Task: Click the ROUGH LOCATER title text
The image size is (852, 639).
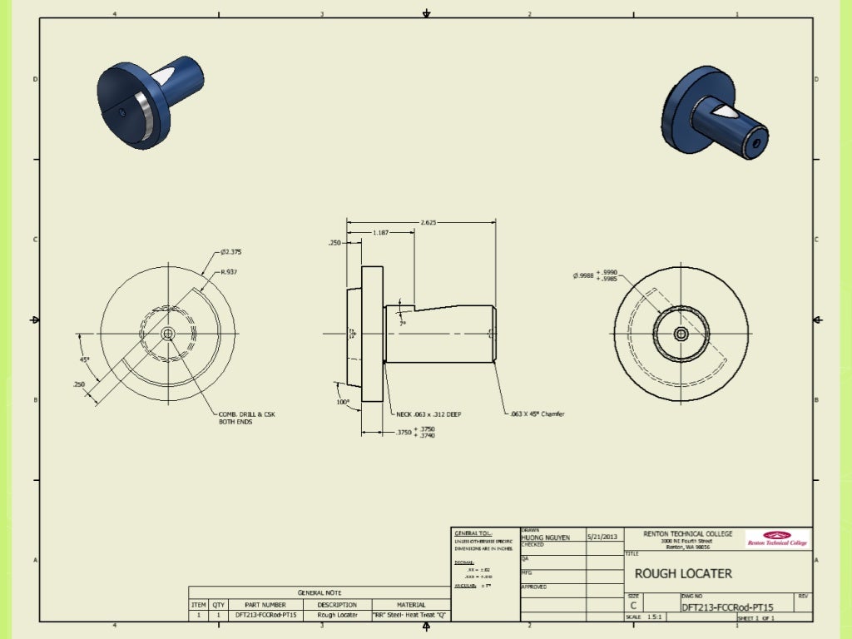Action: pos(683,573)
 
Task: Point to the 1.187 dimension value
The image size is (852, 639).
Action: pos(380,233)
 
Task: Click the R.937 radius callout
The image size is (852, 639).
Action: pos(229,272)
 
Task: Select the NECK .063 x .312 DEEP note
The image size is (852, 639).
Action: pos(429,414)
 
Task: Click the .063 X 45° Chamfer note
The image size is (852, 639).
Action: pos(537,414)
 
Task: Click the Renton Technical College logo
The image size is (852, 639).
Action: pos(776,538)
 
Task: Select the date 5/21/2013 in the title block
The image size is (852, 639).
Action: pos(604,537)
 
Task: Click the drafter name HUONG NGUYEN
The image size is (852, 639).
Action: pos(545,537)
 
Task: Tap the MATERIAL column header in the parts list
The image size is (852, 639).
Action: pos(411,605)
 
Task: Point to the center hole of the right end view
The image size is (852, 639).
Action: pos(681,334)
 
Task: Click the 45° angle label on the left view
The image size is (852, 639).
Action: pos(85,359)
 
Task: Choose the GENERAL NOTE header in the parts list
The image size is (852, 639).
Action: pos(320,592)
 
